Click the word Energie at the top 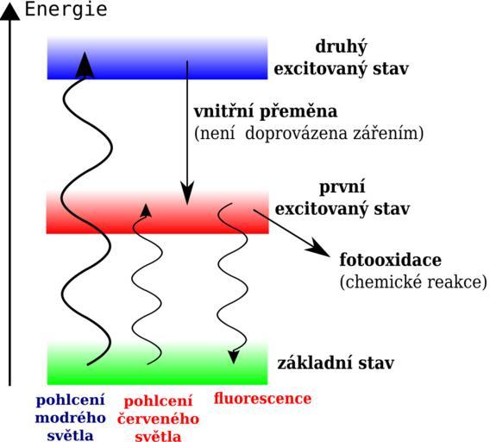pyautogui.click(x=66, y=9)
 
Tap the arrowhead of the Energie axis pyautogui.click(x=9, y=13)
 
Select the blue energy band pyautogui.click(x=157, y=58)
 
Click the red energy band pyautogui.click(x=157, y=212)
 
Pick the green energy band pyautogui.click(x=157, y=363)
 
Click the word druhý pyautogui.click(x=342, y=47)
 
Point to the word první pyautogui.click(x=342, y=186)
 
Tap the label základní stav pyautogui.click(x=336, y=363)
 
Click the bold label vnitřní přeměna pyautogui.click(x=266, y=111)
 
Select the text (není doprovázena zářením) pyautogui.click(x=309, y=133)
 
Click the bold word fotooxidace pyautogui.click(x=391, y=260)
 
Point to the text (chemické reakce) pyautogui.click(x=413, y=281)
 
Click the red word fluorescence pyautogui.click(x=262, y=398)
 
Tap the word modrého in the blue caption pyautogui.click(x=70, y=418)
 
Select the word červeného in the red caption pyautogui.click(x=158, y=420)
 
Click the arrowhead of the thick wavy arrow pyautogui.click(x=85, y=65)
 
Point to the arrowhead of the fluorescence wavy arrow pyautogui.click(x=234, y=357)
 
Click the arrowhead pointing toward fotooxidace pyautogui.click(x=317, y=248)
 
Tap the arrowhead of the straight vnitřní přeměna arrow pyautogui.click(x=187, y=193)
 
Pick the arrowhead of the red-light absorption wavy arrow pyautogui.click(x=146, y=211)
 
